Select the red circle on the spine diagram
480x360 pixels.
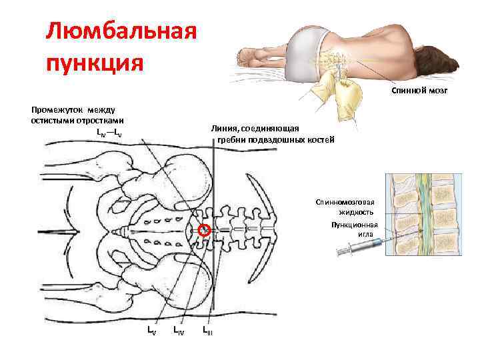click(205, 230)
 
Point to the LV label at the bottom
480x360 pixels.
click(152, 330)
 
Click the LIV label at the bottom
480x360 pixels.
click(179, 330)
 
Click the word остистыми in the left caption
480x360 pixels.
click(54, 121)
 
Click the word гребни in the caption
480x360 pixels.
click(231, 140)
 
